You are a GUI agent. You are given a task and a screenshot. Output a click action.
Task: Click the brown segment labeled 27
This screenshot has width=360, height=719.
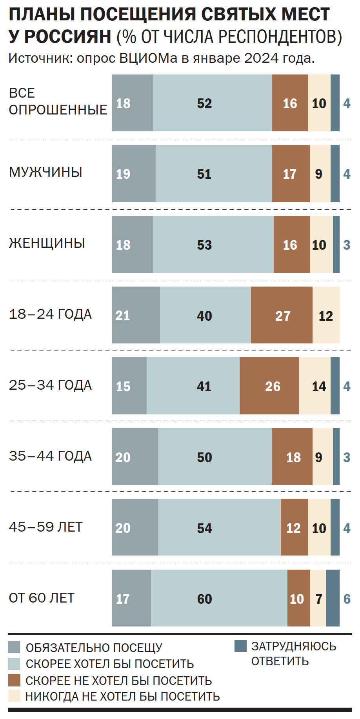282,315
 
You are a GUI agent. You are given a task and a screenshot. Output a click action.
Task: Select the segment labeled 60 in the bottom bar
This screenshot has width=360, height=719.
219,598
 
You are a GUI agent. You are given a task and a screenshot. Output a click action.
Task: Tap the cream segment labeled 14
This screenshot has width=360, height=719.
315,386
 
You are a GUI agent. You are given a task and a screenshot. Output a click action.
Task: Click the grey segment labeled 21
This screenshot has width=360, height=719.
136,315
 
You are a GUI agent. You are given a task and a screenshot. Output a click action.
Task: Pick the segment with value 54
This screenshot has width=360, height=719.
219,527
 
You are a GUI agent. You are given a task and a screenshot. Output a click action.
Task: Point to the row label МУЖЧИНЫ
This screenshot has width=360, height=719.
45,172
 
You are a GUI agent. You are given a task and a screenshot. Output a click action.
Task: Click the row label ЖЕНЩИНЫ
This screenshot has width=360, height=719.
47,243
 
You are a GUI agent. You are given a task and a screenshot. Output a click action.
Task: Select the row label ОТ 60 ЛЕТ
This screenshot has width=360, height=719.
42,598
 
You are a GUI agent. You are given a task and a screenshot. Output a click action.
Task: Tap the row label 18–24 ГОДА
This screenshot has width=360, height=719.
50,314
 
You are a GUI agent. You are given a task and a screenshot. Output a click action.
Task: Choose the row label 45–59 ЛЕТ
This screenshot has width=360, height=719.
45,527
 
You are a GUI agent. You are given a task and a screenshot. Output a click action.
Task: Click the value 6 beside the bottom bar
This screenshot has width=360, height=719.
347,599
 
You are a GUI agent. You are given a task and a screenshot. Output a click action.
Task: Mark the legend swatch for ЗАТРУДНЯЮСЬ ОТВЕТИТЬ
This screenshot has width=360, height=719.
240,646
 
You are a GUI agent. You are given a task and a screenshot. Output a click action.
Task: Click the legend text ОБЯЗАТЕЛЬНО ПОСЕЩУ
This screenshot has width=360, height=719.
94,647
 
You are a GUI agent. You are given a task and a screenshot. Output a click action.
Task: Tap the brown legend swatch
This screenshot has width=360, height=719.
14,680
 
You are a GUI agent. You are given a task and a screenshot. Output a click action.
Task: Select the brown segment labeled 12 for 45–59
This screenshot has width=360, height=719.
294,527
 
